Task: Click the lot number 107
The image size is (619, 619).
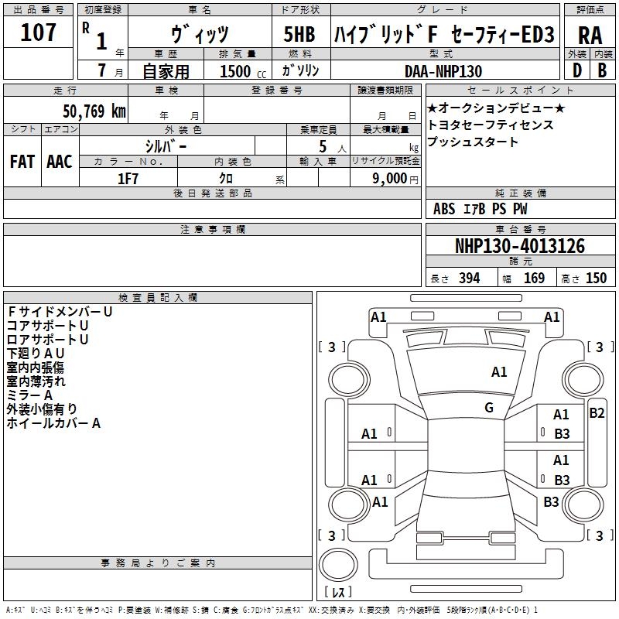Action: (x=39, y=33)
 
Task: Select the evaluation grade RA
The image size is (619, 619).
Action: (x=590, y=35)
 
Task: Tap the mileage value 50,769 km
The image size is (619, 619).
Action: (x=84, y=111)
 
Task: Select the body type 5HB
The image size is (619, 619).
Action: (x=299, y=35)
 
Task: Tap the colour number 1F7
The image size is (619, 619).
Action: (x=128, y=178)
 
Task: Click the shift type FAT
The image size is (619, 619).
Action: (x=22, y=162)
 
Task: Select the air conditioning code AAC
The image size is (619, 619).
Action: (x=59, y=162)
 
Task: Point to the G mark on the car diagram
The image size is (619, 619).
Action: (x=489, y=408)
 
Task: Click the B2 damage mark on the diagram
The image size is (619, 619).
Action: (x=597, y=412)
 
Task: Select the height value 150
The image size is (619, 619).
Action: (x=596, y=279)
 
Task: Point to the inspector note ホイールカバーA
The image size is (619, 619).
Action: (x=53, y=423)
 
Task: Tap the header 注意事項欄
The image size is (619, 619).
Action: (x=213, y=230)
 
